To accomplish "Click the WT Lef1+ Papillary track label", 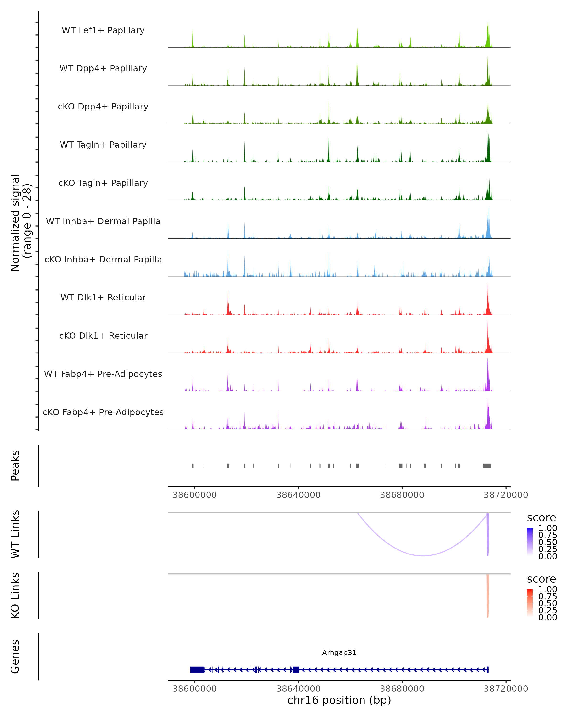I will coord(103,30).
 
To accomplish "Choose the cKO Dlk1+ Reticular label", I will coord(103,336).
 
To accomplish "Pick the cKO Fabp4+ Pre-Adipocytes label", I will coord(103,412).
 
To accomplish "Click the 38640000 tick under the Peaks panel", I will coord(298,495).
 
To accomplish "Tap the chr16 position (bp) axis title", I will coord(339,700).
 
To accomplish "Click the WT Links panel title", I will coord(15,534).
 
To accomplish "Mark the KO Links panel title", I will coord(15,595).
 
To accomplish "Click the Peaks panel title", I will coord(15,466).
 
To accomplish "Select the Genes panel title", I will coord(15,657).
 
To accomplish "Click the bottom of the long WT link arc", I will coord(423,556).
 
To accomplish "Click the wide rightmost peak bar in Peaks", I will coord(487,466).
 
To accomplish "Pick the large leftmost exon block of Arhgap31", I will coord(197,670).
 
